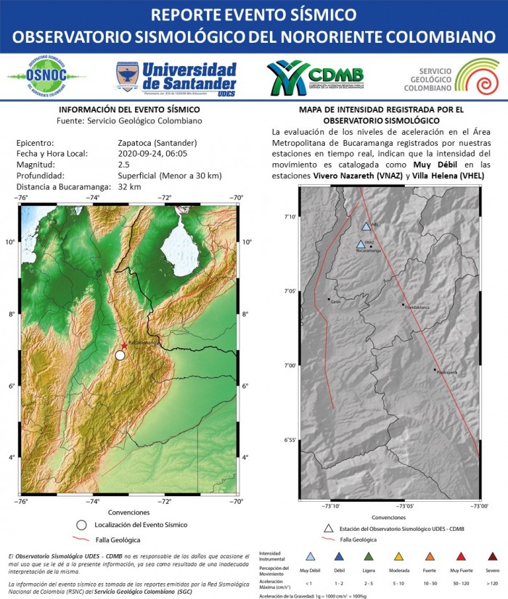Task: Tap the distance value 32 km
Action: pos(128,187)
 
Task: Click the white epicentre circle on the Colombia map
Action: pos(120,355)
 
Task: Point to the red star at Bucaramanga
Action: pos(124,347)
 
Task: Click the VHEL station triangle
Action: pos(366,226)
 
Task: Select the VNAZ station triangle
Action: pos(361,244)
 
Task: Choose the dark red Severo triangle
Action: pos(493,557)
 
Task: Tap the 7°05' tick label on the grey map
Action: pos(290,291)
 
